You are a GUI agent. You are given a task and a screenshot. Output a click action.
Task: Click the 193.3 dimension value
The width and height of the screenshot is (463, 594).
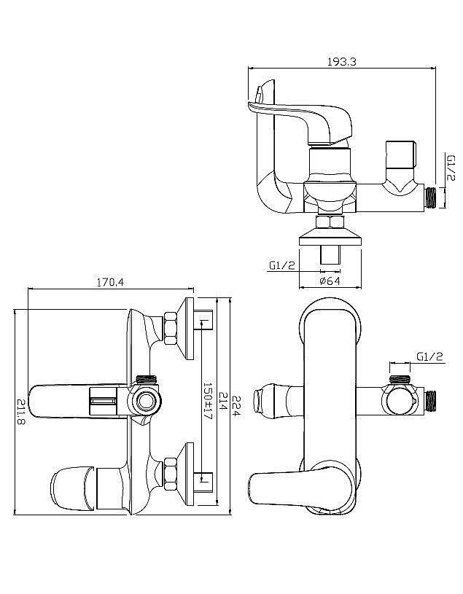coord(342,62)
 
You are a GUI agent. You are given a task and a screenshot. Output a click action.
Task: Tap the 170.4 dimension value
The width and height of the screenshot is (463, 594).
coord(110,282)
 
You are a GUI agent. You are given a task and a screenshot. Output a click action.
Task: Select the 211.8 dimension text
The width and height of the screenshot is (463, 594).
coord(21,411)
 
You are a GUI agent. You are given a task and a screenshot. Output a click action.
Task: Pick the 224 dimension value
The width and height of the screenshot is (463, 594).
coord(236,406)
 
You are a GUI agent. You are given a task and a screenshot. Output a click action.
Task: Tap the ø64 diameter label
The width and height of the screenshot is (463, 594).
coord(330,281)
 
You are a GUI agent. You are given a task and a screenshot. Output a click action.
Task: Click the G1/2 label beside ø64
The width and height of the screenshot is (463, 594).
coord(282,265)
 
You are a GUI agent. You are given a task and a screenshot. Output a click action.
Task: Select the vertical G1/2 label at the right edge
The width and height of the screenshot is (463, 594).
coord(451,167)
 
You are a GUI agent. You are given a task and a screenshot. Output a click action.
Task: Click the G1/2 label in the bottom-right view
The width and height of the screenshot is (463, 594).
coord(429,356)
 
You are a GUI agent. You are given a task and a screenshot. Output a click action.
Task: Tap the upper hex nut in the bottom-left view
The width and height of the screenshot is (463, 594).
coord(171,328)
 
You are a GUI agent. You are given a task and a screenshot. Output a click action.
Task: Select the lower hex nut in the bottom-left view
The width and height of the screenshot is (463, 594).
coord(171,474)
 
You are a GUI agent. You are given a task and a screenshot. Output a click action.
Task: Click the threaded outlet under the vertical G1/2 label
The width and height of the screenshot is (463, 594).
coord(430,198)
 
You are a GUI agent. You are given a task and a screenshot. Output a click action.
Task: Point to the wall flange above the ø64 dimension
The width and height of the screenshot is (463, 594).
coord(330,237)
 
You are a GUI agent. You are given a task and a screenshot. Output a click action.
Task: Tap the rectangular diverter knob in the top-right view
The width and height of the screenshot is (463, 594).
coord(401,155)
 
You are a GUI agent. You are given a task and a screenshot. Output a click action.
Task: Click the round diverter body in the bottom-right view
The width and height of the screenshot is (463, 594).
coord(401,401)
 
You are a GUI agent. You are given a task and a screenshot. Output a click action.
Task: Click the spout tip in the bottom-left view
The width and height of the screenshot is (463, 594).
coord(71,489)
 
